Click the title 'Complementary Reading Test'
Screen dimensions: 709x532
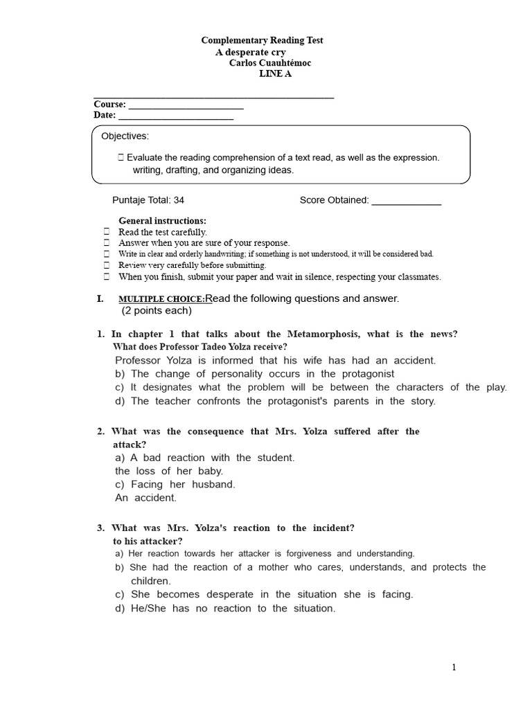[262, 41]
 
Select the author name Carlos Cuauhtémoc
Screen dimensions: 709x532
[269, 63]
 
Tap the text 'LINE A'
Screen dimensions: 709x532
[275, 74]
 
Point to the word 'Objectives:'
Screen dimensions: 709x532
[125, 136]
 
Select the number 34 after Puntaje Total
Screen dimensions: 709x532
[179, 200]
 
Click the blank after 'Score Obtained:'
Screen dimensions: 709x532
[406, 201]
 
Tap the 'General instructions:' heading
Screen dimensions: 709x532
[162, 221]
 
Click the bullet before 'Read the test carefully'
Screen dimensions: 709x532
[107, 232]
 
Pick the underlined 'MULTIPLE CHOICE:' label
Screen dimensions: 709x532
[161, 299]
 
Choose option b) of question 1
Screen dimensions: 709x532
[255, 374]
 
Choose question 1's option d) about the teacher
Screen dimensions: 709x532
[276, 401]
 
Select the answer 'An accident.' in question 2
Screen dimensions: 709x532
[146, 497]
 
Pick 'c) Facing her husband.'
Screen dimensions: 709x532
[175, 484]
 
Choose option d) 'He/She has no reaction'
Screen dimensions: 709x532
[225, 608]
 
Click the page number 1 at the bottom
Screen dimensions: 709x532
[454, 667]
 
